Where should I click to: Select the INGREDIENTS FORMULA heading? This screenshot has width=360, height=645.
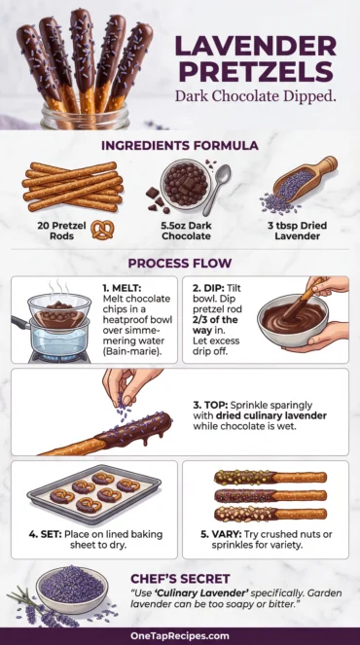[x=180, y=145]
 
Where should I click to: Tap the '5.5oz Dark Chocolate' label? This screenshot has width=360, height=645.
[x=179, y=228]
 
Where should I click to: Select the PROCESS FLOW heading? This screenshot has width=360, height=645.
[x=180, y=263]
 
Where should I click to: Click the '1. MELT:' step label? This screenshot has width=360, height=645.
[x=122, y=289]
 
